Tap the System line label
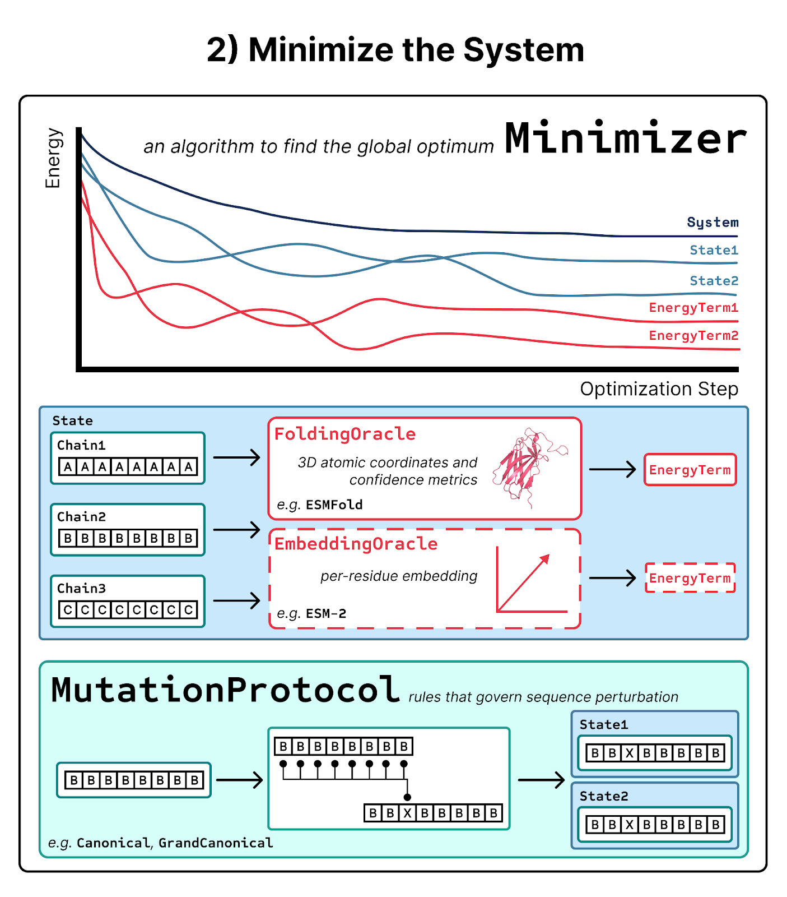click(713, 223)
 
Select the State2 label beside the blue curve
click(714, 280)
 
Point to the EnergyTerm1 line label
click(693, 307)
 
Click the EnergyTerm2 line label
click(693, 335)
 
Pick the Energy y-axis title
click(53, 158)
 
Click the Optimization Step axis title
click(659, 389)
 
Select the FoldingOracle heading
click(344, 434)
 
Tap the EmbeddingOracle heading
click(356, 544)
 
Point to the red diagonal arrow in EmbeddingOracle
click(524, 582)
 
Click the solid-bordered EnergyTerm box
click(690, 470)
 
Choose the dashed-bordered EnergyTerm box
click(690, 578)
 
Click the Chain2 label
click(82, 516)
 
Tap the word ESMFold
click(334, 505)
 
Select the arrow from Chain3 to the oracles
click(236, 601)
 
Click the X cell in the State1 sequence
click(630, 753)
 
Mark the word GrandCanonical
click(216, 843)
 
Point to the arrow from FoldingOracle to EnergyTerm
click(612, 469)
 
